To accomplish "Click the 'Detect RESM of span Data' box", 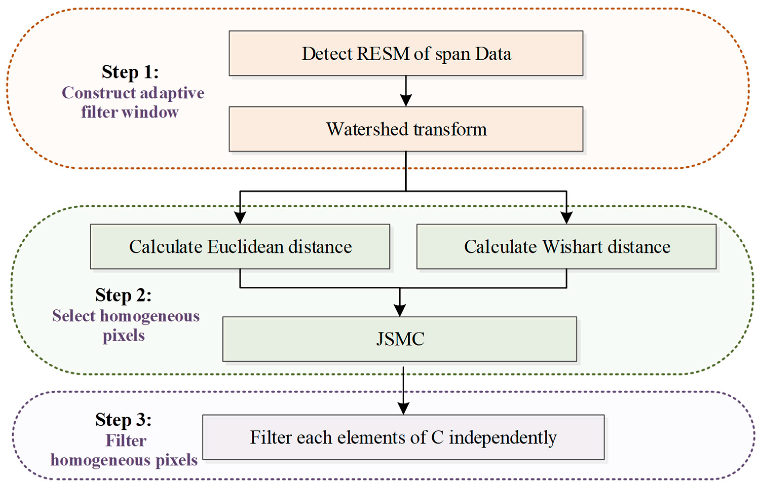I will [x=406, y=53].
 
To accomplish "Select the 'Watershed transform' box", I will [x=406, y=129].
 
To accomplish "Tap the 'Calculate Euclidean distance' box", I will [x=240, y=246].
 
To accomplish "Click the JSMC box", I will [x=399, y=339].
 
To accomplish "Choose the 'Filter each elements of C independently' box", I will [x=403, y=437].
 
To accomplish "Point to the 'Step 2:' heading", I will [x=123, y=295].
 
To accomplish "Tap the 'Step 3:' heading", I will [x=123, y=420].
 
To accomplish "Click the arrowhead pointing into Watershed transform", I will [x=406, y=101].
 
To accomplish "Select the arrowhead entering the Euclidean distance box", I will [x=240, y=218].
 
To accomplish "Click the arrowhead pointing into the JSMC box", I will [x=399, y=310].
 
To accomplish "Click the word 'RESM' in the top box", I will [x=383, y=53].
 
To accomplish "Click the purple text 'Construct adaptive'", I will [x=133, y=93].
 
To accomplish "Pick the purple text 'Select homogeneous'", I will [x=126, y=316].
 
